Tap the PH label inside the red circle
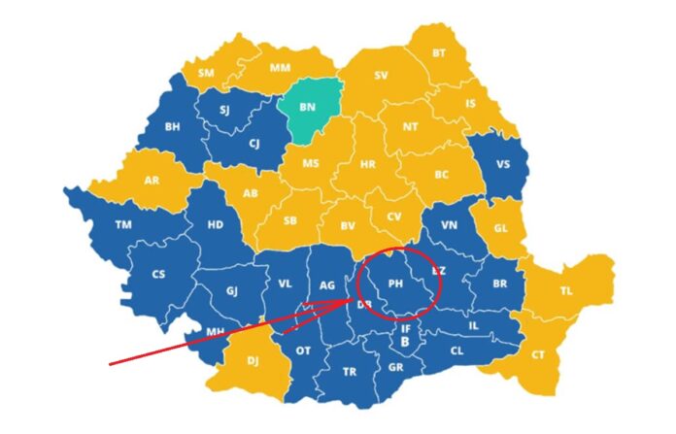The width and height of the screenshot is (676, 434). pyautogui.click(x=395, y=284)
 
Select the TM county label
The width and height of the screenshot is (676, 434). pyautogui.click(x=122, y=224)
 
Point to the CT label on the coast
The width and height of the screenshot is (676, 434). pyautogui.click(x=538, y=355)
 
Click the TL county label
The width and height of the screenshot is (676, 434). pyautogui.click(x=566, y=290)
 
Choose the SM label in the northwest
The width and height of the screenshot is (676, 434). pyautogui.click(x=206, y=73)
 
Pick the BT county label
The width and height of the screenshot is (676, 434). pyautogui.click(x=439, y=52)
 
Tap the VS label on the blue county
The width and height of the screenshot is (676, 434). pyautogui.click(x=502, y=164)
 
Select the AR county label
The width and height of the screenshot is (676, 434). pyautogui.click(x=152, y=181)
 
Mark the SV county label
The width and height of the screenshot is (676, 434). pyautogui.click(x=381, y=75)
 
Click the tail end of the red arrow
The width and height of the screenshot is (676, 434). pyautogui.click(x=110, y=365)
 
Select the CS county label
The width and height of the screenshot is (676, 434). pyautogui.click(x=158, y=275)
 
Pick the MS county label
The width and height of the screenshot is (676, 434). pyautogui.click(x=311, y=163)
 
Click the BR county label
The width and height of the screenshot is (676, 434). pyautogui.click(x=501, y=284)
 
